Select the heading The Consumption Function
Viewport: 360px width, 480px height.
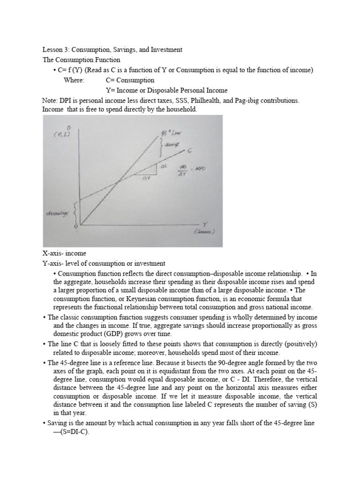(x=81, y=60)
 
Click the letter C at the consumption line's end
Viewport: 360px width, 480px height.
(x=190, y=150)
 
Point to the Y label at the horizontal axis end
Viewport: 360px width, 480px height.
(x=204, y=225)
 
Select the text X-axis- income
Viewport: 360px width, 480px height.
(x=64, y=254)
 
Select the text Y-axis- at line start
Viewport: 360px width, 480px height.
(x=52, y=263)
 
